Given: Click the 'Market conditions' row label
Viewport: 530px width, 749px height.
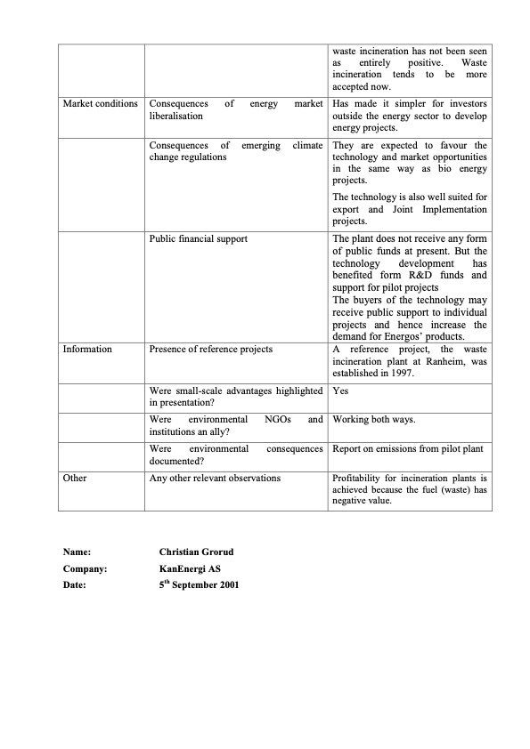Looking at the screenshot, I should tap(100, 104).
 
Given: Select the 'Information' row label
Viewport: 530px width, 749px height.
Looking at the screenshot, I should tap(87, 349).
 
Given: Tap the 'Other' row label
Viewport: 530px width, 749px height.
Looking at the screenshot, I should tap(75, 478).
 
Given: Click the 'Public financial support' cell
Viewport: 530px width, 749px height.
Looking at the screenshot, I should tap(199, 238).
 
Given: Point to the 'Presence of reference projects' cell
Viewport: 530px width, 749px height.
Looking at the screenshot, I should tap(211, 349).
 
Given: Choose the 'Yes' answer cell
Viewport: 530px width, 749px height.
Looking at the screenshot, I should tap(340, 390).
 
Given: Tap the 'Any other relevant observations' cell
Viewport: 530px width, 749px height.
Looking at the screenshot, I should tap(215, 478).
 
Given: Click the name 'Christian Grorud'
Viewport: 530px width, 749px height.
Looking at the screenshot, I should tap(196, 552).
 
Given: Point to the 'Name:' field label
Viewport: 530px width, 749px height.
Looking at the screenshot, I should tap(77, 552).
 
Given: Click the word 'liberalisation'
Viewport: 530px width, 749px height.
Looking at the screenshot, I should tap(175, 116).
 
